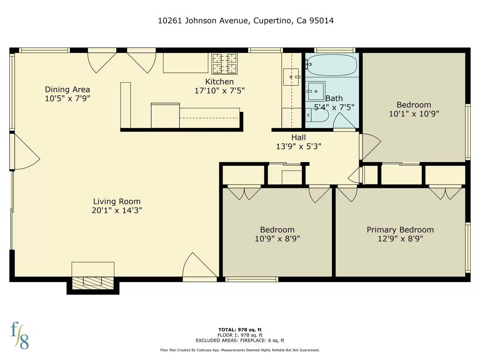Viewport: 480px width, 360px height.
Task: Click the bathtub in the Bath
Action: point(332,65)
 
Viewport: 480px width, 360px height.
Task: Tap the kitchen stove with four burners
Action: point(225,63)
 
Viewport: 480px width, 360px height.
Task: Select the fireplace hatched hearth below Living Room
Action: point(93,283)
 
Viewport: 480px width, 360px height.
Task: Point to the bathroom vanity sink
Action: point(315,91)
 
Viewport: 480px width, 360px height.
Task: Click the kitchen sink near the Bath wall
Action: point(291,77)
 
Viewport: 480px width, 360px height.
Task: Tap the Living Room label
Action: point(117,201)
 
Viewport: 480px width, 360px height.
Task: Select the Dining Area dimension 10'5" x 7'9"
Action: point(67,98)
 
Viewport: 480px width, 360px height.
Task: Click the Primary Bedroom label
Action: point(400,230)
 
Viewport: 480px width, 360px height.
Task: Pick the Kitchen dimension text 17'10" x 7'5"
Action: point(219,91)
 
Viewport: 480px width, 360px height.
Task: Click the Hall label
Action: point(298,137)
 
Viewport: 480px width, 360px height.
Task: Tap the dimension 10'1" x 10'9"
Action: point(414,114)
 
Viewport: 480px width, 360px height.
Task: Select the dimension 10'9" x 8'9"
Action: point(277,239)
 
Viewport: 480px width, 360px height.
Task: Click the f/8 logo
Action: point(20,335)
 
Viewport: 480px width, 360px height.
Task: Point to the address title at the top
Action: point(246,21)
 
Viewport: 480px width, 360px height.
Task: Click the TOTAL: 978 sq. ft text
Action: point(240,330)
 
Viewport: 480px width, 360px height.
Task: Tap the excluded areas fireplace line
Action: point(240,340)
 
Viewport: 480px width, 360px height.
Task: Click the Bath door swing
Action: point(343,122)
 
